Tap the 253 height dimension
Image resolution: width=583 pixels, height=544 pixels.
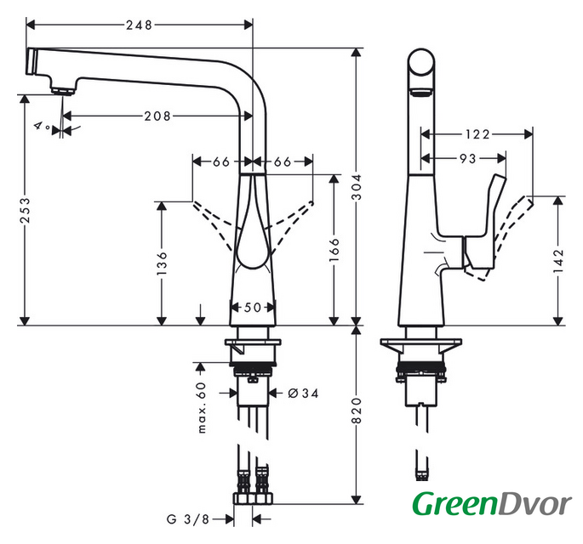[26, 221]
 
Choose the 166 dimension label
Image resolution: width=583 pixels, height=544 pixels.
[334, 252]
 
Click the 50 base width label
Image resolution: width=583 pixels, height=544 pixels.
[253, 308]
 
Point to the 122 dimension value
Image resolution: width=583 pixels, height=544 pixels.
[477, 133]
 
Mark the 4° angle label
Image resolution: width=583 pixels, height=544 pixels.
[40, 126]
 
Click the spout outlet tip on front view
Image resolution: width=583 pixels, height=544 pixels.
[60, 89]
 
